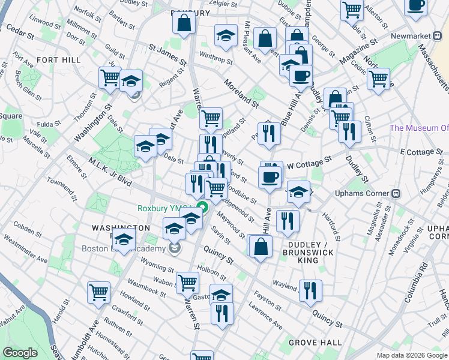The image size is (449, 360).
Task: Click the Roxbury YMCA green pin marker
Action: (x=203, y=208)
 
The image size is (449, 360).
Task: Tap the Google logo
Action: (x=20, y=353)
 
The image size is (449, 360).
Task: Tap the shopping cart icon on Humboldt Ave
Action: (x=98, y=292)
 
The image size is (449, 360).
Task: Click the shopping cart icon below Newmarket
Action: (x=379, y=78)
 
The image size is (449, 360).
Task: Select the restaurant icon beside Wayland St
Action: (x=310, y=290)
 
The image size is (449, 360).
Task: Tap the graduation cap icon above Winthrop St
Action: (x=226, y=35)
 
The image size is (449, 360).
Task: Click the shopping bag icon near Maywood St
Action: (x=261, y=246)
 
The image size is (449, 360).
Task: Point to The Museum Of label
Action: (x=419, y=128)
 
